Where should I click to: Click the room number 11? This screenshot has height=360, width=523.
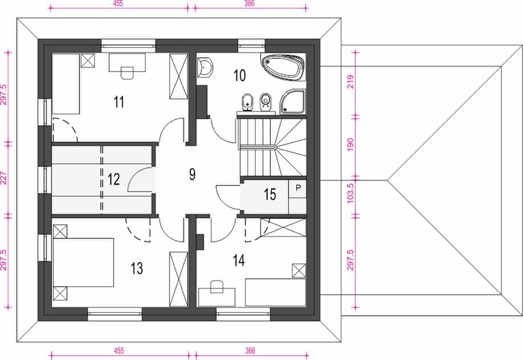point(119,102)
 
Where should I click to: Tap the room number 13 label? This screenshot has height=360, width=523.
point(137,268)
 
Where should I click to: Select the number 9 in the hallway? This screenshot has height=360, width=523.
point(192,174)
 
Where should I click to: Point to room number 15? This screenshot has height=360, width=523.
point(270,194)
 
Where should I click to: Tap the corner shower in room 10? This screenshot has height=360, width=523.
point(293,101)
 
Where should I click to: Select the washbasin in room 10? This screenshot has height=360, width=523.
point(205,68)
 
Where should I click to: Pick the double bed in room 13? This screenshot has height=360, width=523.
point(83,262)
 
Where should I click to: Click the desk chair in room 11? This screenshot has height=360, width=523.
point(127,73)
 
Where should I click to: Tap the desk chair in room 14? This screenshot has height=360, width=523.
point(217,287)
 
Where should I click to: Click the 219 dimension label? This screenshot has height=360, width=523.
point(350,82)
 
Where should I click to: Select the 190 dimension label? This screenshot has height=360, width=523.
point(350,145)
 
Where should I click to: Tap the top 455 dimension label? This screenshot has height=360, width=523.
point(118,3)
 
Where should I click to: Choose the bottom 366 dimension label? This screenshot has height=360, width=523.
point(250,351)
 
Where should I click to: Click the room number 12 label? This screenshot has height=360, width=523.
point(114,179)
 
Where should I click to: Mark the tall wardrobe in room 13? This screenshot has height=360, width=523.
point(178,279)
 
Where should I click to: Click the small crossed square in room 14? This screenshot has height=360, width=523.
point(299,271)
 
